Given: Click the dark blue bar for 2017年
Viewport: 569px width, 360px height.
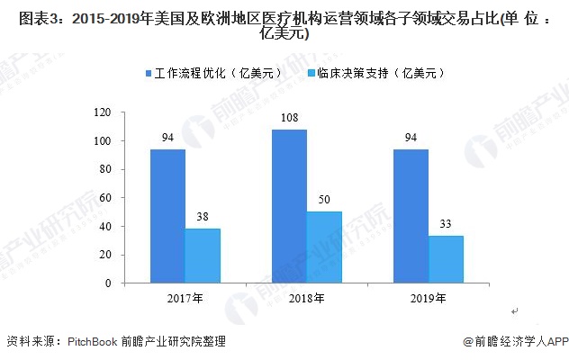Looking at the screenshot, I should (167, 216).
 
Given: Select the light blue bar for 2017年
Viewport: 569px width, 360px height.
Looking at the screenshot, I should (203, 256).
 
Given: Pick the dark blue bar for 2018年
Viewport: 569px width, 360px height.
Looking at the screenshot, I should (289, 206).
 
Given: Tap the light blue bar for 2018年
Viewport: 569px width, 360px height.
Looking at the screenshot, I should (324, 247).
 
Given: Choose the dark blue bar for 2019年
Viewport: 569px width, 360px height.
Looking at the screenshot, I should (411, 216).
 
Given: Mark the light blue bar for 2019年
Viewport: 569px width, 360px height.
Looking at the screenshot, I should (446, 259).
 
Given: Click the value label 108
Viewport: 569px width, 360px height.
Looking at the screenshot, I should (289, 118).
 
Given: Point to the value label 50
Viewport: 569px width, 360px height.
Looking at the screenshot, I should (324, 200).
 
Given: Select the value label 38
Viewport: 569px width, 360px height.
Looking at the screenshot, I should (203, 217).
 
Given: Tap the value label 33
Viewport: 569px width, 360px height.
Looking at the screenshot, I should (446, 224).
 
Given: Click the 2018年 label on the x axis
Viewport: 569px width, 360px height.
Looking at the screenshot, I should (306, 297).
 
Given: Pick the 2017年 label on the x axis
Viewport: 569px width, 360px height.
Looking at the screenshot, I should (185, 297).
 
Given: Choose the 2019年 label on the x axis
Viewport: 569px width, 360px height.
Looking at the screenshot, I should (428, 297).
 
